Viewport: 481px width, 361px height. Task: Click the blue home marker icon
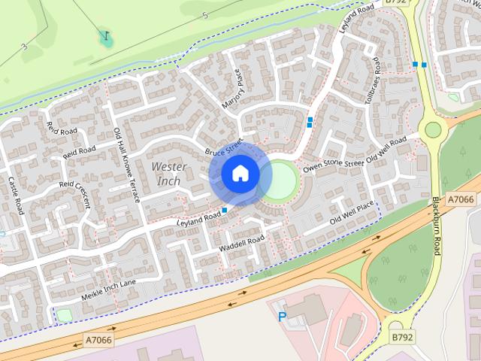(x=240, y=174)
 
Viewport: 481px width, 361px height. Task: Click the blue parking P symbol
(x=283, y=317)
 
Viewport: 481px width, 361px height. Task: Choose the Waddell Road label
(x=242, y=244)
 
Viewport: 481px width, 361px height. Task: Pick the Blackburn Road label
(x=436, y=226)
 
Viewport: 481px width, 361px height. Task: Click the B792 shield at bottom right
(x=401, y=338)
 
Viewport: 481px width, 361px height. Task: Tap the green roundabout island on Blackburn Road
(x=433, y=129)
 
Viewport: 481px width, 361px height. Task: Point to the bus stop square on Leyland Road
(x=225, y=210)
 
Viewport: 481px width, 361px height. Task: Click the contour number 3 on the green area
(x=24, y=47)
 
